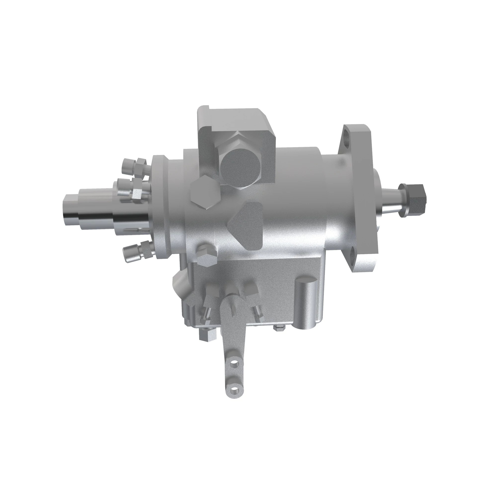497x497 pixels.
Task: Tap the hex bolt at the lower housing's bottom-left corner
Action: pyautogui.click(x=207, y=335)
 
